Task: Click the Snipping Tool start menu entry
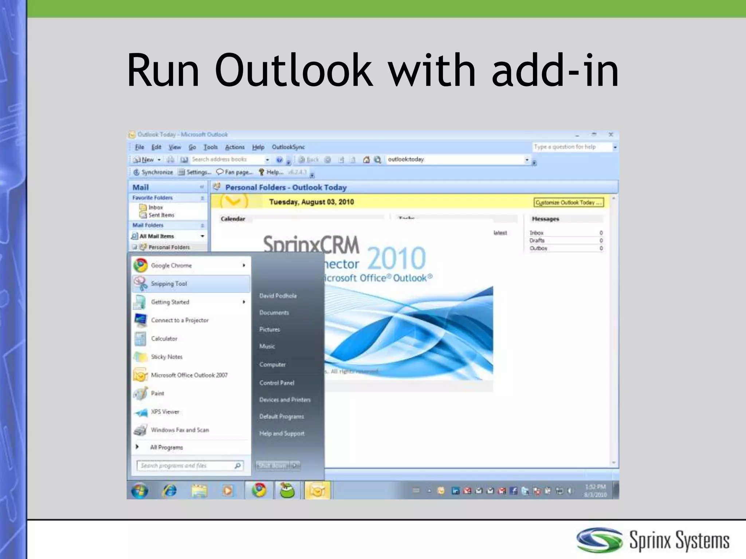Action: tap(169, 284)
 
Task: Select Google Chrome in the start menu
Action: tap(171, 266)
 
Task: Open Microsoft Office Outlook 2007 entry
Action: tap(189, 375)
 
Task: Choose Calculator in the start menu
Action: tap(164, 339)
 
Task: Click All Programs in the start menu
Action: tap(166, 447)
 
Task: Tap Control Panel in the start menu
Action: tap(277, 383)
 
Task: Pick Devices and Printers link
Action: tap(285, 400)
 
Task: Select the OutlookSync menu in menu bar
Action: tap(288, 147)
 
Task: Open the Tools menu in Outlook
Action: tap(211, 147)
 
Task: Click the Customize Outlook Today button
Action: tap(568, 202)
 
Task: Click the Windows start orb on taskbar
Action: tap(140, 490)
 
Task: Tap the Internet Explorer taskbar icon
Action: tap(169, 490)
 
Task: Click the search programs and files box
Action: tap(186, 466)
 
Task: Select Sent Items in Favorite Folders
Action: tap(161, 215)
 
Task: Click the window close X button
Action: tap(611, 135)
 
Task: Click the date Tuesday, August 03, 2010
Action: tap(311, 202)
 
